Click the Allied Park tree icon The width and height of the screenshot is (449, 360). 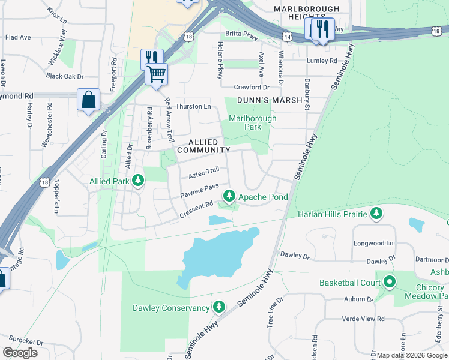click(138, 181)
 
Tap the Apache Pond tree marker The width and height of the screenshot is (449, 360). click(229, 196)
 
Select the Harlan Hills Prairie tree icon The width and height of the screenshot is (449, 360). click(376, 213)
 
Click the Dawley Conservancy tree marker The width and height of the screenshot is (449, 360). click(219, 308)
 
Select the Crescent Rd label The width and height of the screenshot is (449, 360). click(197, 209)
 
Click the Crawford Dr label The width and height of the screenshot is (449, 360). click(252, 87)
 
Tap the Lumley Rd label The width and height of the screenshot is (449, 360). click(322, 61)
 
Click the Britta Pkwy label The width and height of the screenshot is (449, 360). click(241, 35)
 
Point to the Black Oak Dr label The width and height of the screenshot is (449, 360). click(64, 76)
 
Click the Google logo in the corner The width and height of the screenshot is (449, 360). click(20, 353)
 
